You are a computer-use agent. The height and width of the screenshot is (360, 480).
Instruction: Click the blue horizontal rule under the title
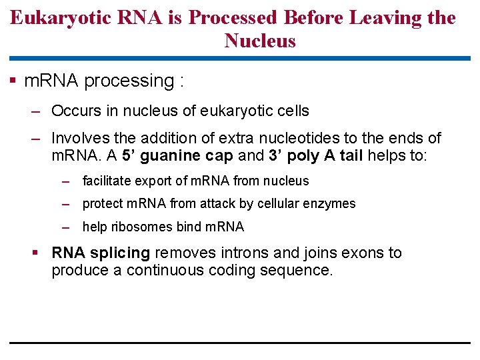point(240,58)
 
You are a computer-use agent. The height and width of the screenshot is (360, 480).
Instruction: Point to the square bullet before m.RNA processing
point(13,81)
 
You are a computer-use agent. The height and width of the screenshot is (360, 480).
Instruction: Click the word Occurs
point(74,111)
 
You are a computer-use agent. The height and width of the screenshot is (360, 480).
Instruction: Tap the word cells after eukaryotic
point(291,111)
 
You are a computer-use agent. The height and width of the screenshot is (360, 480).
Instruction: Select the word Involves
point(78,138)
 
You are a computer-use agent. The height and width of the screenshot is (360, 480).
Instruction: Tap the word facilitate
point(107,181)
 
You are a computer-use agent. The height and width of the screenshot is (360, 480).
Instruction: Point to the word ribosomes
point(142,227)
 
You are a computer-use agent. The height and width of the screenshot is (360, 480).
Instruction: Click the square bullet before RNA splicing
point(39,253)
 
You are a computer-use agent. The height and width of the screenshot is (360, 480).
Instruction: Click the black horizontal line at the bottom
point(240,343)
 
